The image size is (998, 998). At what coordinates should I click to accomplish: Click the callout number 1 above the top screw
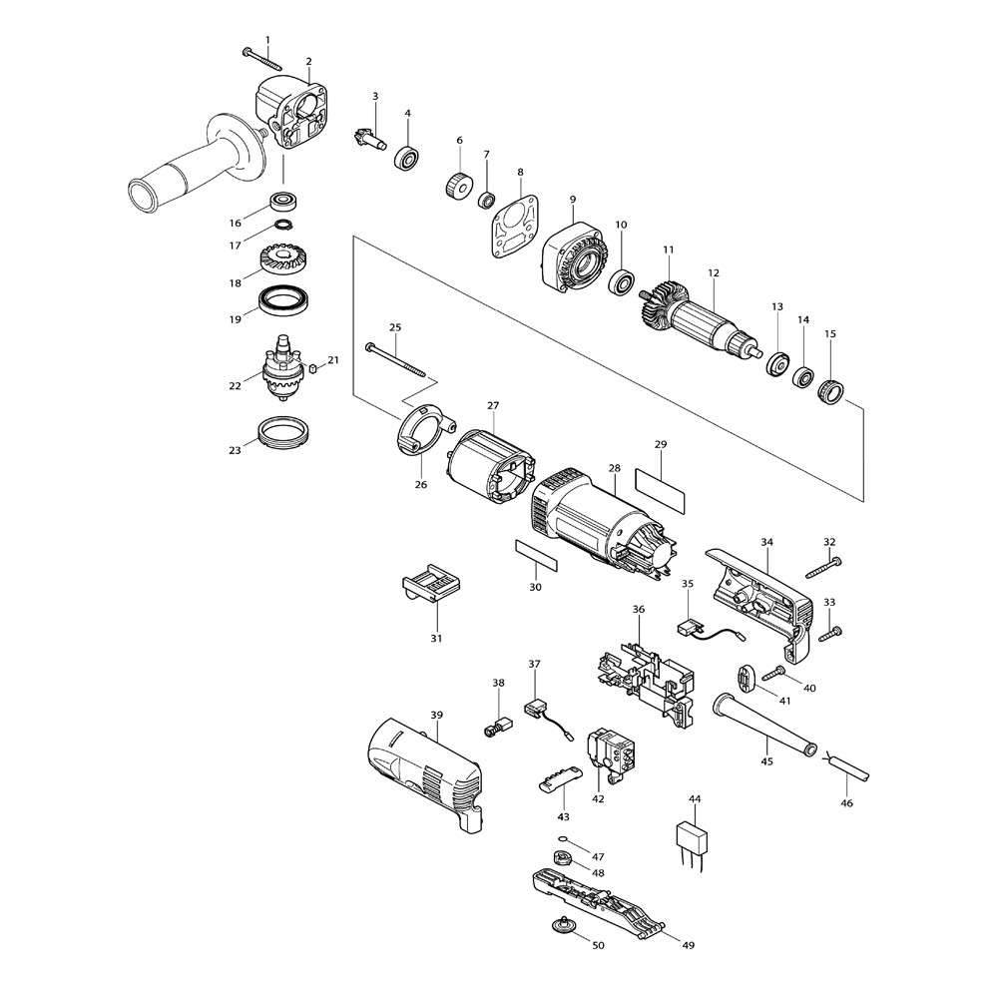click(267, 40)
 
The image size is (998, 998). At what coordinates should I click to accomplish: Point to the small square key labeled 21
click(312, 367)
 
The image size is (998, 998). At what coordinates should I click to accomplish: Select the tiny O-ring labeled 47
click(563, 839)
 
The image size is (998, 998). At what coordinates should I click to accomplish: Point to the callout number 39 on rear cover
click(437, 715)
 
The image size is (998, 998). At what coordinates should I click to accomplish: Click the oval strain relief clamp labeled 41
click(746, 677)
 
